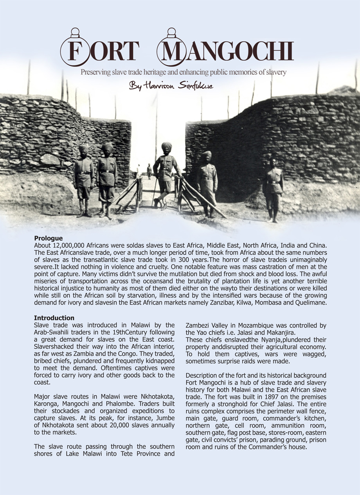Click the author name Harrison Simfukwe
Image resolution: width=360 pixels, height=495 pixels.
[x=171, y=86]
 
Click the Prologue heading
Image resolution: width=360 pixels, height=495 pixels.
[x=49, y=238]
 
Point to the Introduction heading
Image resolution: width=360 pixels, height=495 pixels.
[x=54, y=318]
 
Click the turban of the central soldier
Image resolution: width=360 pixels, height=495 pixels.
[x=166, y=146]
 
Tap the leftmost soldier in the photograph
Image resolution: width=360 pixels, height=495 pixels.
[x=84, y=180]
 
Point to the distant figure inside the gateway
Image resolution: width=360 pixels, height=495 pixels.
[x=149, y=171]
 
